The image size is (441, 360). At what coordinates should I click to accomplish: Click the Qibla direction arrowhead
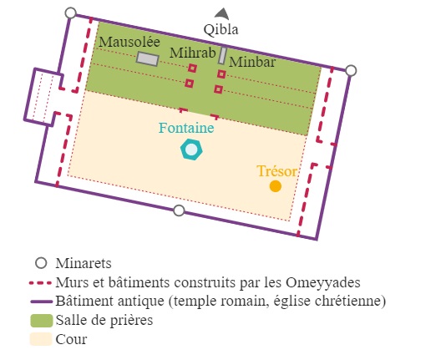click(x=222, y=13)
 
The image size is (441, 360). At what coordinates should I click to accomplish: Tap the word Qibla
click(x=221, y=29)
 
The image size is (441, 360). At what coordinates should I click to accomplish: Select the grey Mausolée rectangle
click(x=148, y=59)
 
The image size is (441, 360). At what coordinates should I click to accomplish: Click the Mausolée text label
click(x=129, y=42)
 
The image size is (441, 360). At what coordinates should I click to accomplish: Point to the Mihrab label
click(x=193, y=53)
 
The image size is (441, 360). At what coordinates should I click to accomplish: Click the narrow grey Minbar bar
click(x=223, y=56)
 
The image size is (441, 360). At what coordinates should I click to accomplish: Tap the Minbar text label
click(x=252, y=62)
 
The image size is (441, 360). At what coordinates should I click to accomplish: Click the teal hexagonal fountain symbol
click(x=191, y=150)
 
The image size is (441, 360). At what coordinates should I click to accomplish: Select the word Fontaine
click(x=186, y=128)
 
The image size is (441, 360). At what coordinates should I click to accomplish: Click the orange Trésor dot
click(x=276, y=186)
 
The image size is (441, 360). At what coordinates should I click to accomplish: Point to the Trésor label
click(x=276, y=171)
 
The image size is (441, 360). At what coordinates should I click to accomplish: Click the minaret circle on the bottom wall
click(x=179, y=210)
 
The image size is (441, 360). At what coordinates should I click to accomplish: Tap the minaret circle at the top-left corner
click(x=71, y=13)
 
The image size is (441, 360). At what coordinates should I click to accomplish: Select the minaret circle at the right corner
click(x=351, y=71)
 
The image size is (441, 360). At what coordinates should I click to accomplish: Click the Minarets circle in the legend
click(x=41, y=263)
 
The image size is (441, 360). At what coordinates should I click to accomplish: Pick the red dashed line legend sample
click(x=40, y=283)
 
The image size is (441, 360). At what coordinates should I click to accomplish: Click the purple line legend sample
click(x=42, y=302)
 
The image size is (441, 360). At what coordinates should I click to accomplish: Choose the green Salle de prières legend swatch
click(x=42, y=321)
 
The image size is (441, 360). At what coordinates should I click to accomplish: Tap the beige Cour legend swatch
click(x=41, y=339)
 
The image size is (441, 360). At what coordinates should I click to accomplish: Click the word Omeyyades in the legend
click(x=323, y=282)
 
